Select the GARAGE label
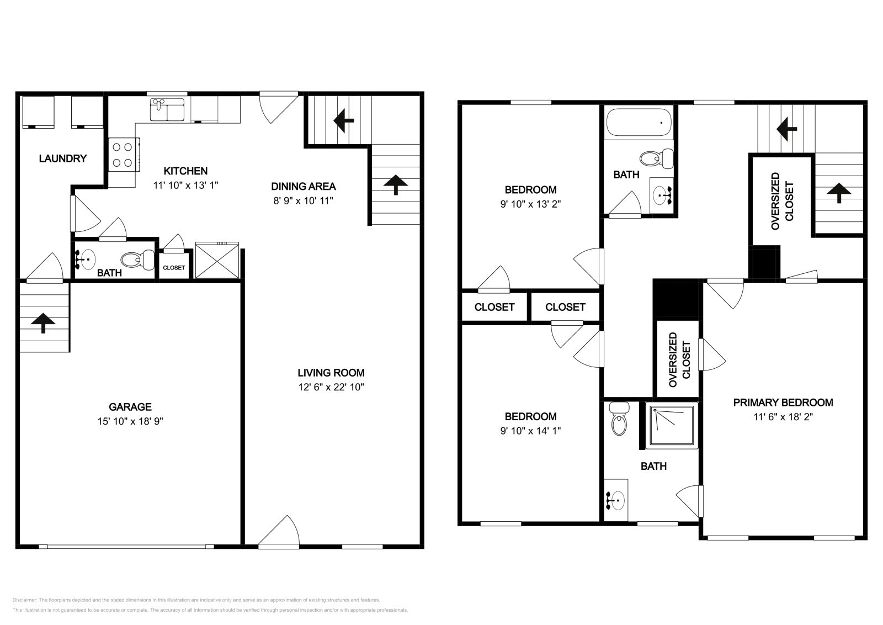pos(130,407)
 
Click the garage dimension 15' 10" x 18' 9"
pos(130,421)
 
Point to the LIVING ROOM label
pos(331,373)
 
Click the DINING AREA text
pos(304,187)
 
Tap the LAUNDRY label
pos(63,159)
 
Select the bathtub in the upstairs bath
pos(639,123)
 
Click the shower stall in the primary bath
pos(672,426)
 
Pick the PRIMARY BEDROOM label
pos(783,403)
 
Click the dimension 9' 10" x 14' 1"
pos(530,431)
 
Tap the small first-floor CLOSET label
pos(174,268)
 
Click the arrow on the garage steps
pos(43,323)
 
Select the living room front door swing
pos(279,531)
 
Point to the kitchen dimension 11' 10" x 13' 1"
pos(185,186)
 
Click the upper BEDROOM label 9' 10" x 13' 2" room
pos(530,190)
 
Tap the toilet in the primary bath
pos(619,422)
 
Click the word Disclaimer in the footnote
pos(24,600)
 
